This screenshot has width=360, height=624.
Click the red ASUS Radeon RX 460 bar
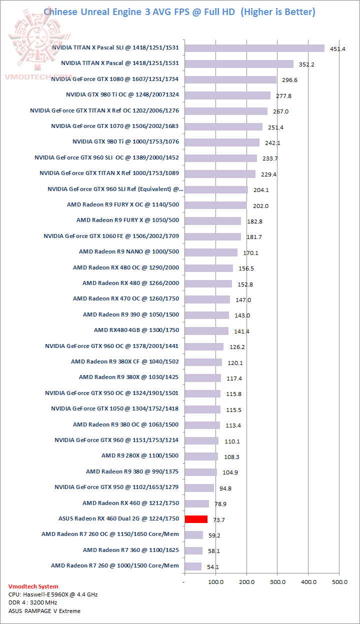(196, 519)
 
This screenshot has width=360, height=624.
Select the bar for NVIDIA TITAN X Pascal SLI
(254, 48)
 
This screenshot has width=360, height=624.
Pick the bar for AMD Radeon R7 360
(193, 550)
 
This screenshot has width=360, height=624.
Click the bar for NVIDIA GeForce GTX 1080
(230, 79)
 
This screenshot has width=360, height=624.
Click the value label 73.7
(218, 520)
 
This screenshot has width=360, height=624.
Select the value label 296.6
(288, 80)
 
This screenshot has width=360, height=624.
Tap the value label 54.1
(212, 567)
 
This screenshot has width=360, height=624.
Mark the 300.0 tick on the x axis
(277, 582)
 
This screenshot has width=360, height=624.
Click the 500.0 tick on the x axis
(339, 582)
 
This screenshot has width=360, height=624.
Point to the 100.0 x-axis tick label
(215, 582)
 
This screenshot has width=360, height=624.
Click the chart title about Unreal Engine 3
(179, 11)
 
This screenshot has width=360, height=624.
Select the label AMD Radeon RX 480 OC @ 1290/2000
(126, 267)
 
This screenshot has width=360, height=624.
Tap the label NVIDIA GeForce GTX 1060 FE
(111, 236)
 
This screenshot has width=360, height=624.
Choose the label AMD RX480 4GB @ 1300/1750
(136, 330)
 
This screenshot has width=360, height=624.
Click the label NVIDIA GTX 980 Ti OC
(122, 95)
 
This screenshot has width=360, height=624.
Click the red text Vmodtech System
(33, 586)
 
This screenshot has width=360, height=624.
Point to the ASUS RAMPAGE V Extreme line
(44, 610)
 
